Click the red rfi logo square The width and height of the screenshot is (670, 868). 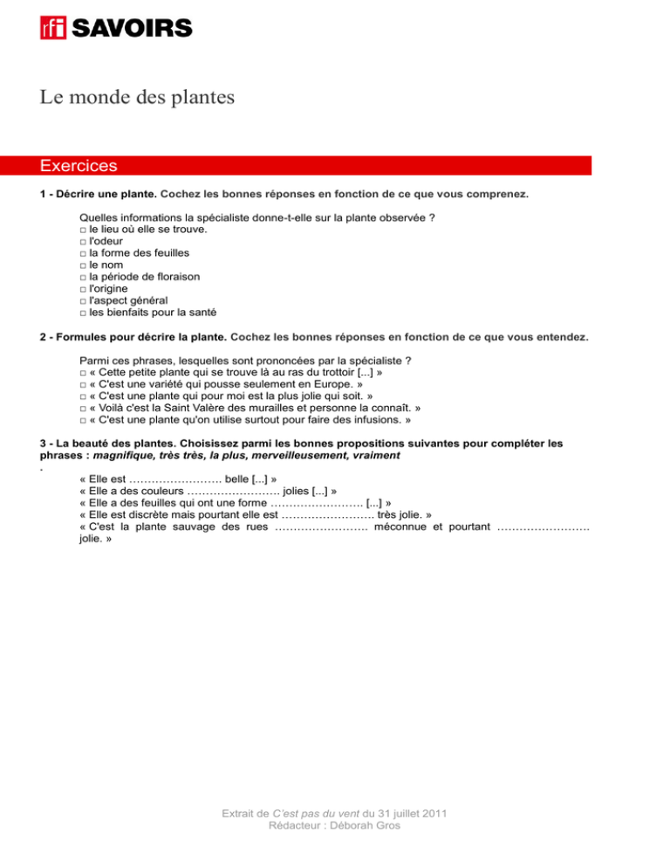[x=53, y=28]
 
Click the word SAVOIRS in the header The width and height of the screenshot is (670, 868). [x=131, y=28]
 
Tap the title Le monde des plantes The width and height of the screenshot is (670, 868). [x=137, y=97]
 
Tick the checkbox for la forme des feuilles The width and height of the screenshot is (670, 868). [x=81, y=253]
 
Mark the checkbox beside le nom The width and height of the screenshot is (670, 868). [x=81, y=265]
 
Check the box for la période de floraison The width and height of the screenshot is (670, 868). [x=81, y=277]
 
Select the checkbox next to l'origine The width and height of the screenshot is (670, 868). [x=81, y=289]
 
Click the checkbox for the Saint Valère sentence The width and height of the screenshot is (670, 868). [x=81, y=407]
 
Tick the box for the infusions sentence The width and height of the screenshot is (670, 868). [x=81, y=419]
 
